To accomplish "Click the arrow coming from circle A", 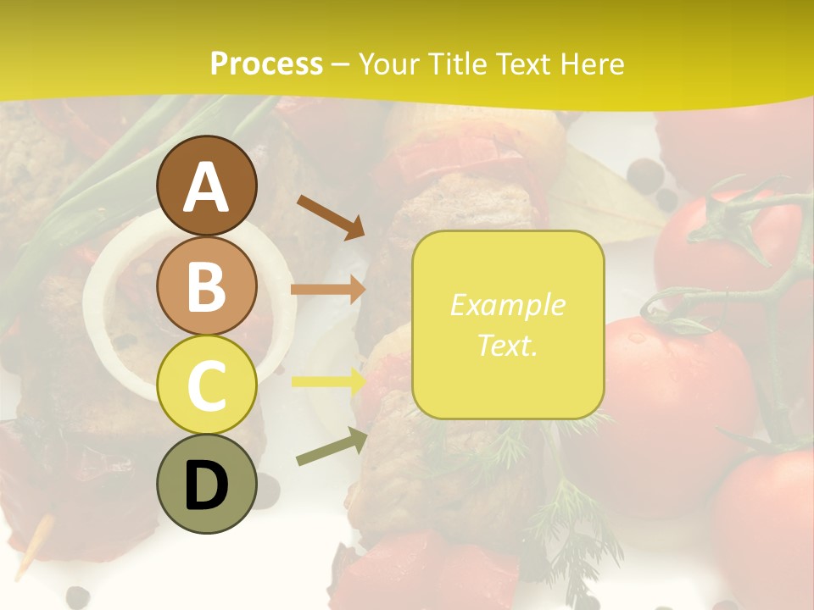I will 332,217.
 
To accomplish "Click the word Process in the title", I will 266,64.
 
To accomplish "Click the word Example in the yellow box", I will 507,305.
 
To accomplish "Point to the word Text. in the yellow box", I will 507,346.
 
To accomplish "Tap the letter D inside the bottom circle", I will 207,487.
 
